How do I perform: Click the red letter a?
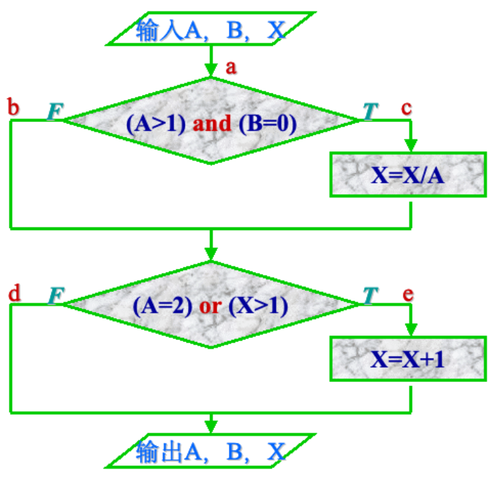point(231,67)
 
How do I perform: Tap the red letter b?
point(13,107)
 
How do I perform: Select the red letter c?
point(406,108)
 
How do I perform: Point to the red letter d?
point(14,293)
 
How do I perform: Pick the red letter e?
point(409,293)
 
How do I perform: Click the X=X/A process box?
point(408,175)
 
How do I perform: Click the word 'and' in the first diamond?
point(211,123)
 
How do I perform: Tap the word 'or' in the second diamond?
point(209,306)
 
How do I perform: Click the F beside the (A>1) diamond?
point(55,111)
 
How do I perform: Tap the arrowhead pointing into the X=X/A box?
point(411,145)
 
